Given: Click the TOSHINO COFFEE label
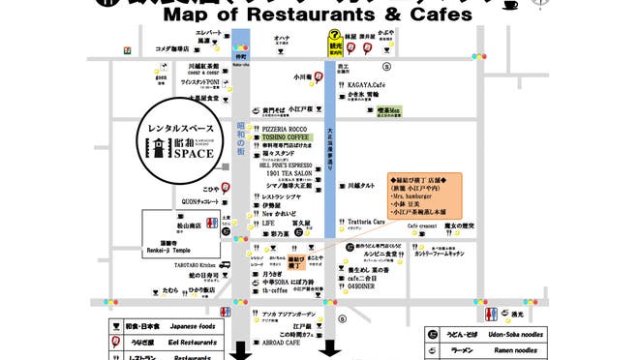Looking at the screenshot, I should (x=286, y=137).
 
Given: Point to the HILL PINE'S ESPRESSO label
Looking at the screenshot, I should (x=285, y=165).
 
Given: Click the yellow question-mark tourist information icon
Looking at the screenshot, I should (x=332, y=44).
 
